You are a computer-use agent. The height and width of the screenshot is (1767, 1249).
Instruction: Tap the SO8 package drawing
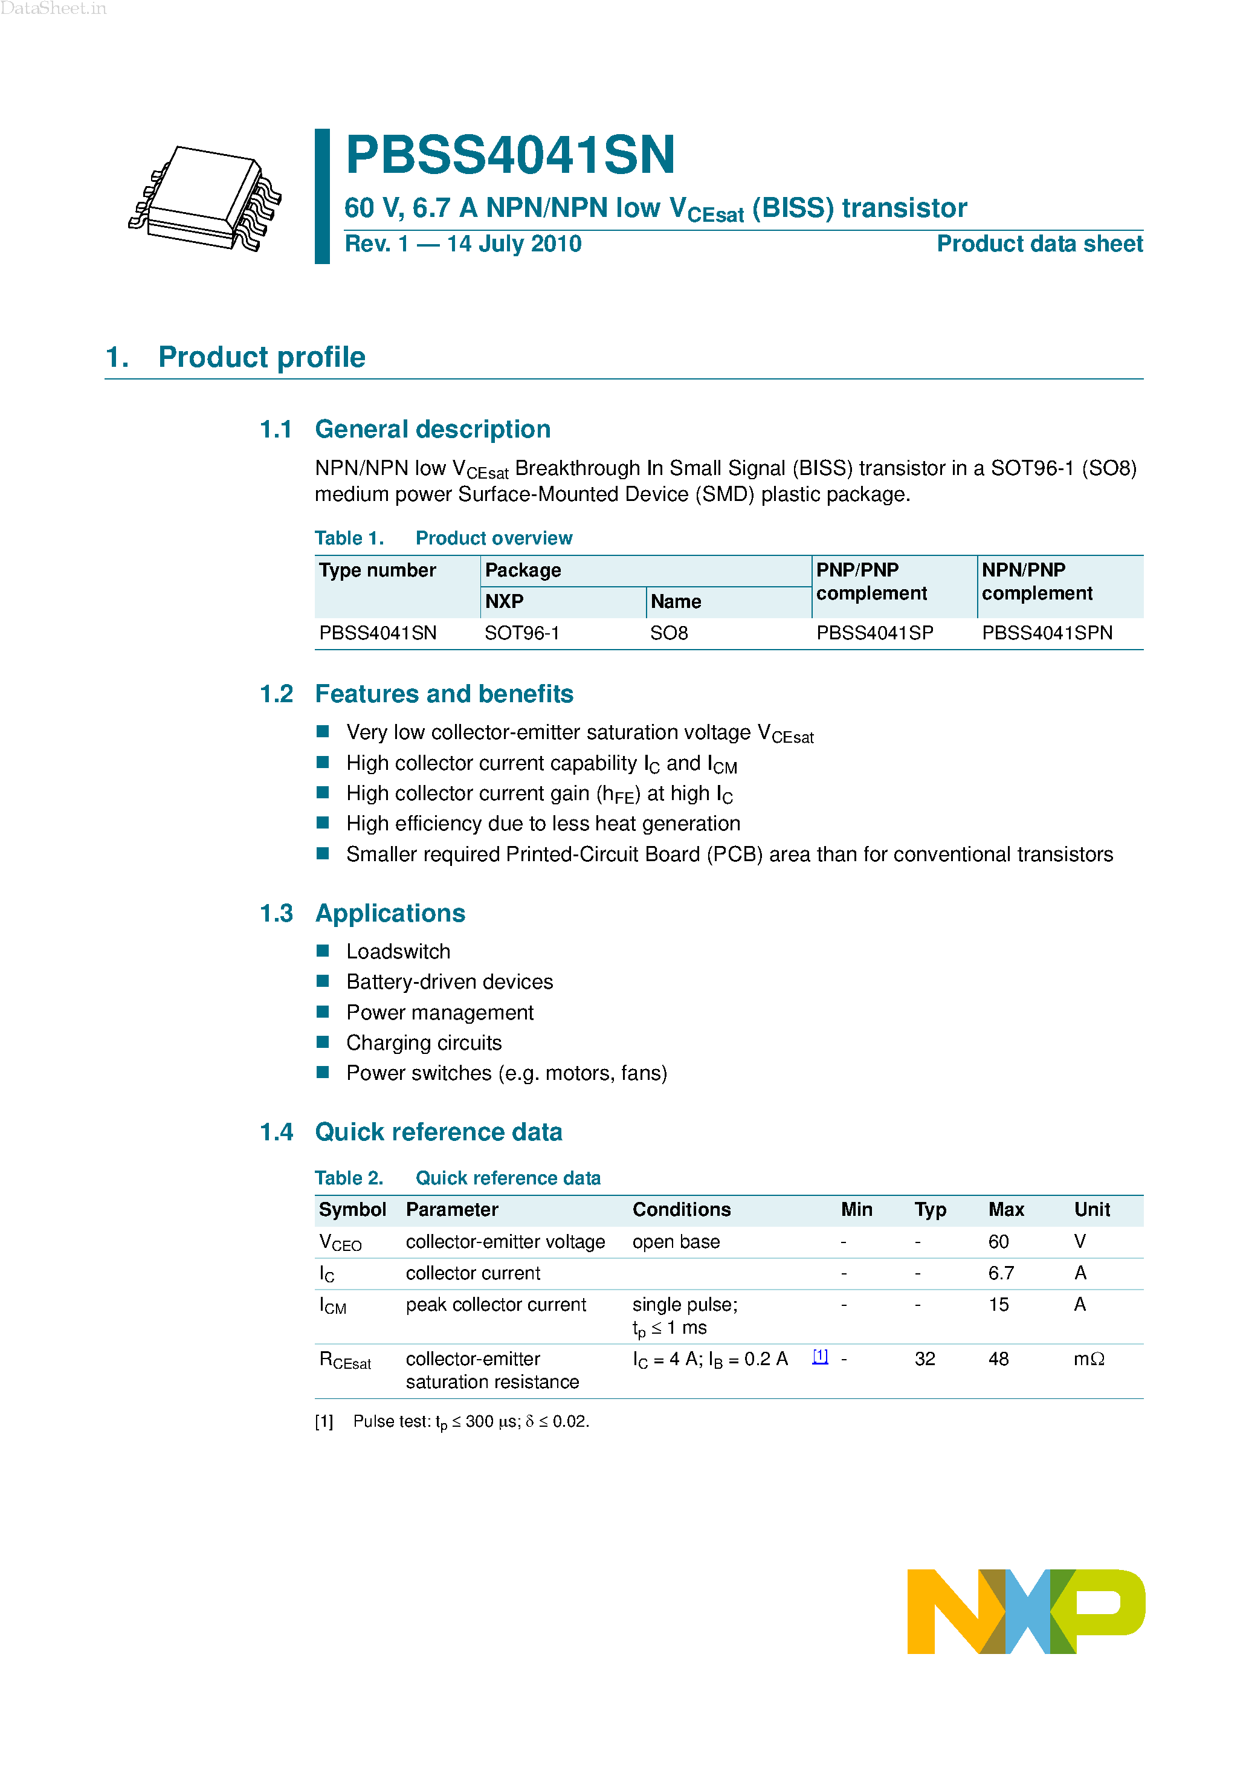pyautogui.click(x=205, y=199)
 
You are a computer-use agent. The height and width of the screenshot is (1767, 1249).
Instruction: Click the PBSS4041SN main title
pyautogui.click(x=510, y=155)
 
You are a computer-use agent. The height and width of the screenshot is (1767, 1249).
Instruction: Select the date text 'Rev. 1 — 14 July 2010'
pyautogui.click(x=462, y=244)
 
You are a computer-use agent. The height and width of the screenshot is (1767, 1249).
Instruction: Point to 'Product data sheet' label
pyautogui.click(x=1039, y=244)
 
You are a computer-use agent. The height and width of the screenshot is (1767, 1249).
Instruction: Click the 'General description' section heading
pyautogui.click(x=433, y=430)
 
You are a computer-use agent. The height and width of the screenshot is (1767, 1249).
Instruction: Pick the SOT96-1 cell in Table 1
pyautogui.click(x=521, y=633)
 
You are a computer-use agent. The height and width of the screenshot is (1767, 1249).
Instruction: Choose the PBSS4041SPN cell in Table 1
pyautogui.click(x=1047, y=633)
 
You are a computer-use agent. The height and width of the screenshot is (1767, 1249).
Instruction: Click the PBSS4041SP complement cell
pyautogui.click(x=874, y=633)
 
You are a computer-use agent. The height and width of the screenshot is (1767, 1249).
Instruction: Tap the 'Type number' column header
pyautogui.click(x=377, y=570)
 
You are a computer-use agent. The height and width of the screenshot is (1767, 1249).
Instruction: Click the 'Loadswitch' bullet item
pyautogui.click(x=398, y=952)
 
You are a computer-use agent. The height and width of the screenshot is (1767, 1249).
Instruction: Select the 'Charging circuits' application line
pyautogui.click(x=423, y=1043)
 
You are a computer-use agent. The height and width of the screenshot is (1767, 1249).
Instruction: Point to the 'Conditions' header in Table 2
pyautogui.click(x=681, y=1210)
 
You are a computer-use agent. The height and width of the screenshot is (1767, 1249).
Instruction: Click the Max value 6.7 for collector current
pyautogui.click(x=1001, y=1274)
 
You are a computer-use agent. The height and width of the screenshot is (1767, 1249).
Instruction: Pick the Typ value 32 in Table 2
pyautogui.click(x=925, y=1359)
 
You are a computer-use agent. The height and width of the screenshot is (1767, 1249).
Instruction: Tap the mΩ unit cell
pyautogui.click(x=1088, y=1359)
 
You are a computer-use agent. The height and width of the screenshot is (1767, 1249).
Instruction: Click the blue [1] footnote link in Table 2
pyautogui.click(x=821, y=1357)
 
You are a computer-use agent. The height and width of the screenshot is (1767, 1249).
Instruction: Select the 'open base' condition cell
pyautogui.click(x=676, y=1242)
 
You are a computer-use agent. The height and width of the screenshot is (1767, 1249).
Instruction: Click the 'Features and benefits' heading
pyautogui.click(x=444, y=694)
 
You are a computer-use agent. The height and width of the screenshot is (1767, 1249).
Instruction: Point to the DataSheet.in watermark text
pyautogui.click(x=53, y=8)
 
